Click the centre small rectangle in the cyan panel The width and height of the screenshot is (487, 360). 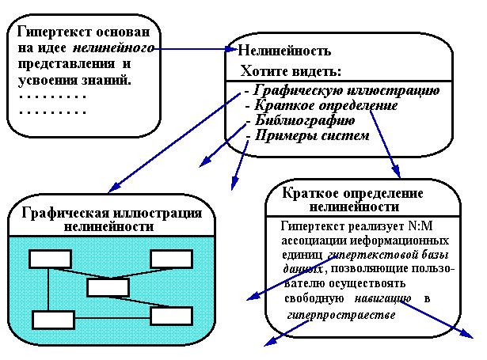click(108, 287)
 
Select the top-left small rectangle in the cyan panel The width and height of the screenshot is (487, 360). click(49, 259)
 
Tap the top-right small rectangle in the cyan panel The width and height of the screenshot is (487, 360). click(170, 259)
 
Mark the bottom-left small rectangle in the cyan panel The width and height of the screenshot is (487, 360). click(52, 320)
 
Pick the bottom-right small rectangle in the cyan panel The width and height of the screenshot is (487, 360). click(170, 316)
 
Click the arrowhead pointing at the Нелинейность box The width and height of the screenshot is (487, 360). click(224, 50)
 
